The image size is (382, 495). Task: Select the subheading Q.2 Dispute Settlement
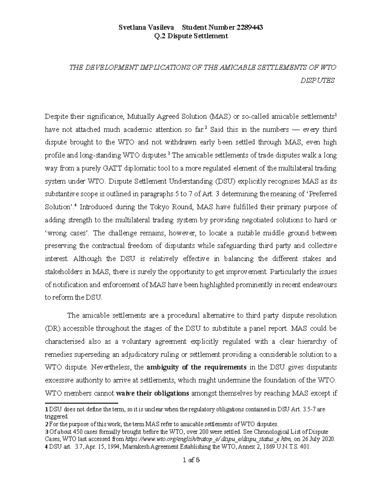point(191,36)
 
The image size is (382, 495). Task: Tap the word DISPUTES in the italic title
point(317,80)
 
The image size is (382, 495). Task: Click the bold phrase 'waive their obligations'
point(153,393)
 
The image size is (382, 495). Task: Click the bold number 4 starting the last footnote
point(46,447)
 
